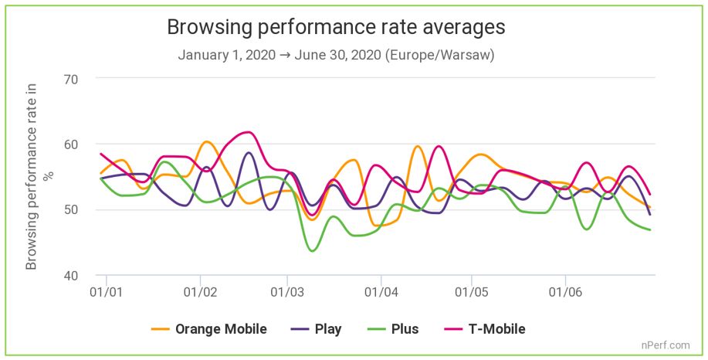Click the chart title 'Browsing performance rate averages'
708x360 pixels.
[x=336, y=27]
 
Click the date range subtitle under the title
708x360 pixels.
[x=336, y=56]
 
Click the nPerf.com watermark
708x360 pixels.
[x=666, y=345]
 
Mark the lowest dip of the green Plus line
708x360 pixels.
[x=313, y=251]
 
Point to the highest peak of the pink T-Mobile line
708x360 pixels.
[x=246, y=132]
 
